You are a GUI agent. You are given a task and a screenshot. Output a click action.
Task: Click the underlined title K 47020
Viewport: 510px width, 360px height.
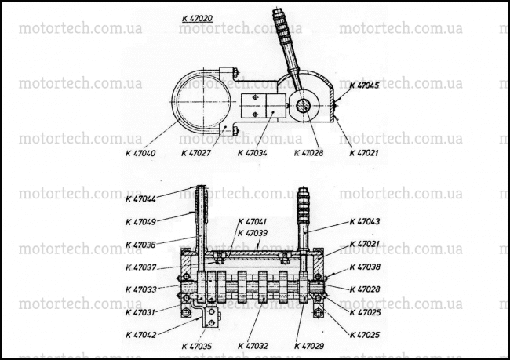[198, 19]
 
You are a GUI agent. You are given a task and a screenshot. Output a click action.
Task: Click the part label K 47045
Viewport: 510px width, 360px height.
[364, 85]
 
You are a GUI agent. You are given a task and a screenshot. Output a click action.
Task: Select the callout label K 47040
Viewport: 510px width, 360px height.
[140, 153]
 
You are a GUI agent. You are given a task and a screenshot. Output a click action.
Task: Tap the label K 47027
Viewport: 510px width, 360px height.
[196, 153]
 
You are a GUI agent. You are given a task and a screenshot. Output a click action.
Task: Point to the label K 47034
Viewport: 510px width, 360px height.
[253, 153]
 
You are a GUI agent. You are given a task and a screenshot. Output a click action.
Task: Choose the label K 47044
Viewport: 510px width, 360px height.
[140, 198]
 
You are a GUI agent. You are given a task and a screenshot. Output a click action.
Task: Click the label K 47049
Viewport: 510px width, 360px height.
[140, 222]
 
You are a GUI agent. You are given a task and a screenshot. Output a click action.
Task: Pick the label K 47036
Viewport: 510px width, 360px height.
[140, 245]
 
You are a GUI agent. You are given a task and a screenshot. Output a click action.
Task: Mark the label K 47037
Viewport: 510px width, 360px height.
[140, 267]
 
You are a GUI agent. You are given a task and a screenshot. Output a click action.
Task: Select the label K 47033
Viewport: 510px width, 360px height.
[140, 289]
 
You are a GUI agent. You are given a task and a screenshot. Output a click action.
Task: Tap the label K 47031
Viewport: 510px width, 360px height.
[140, 312]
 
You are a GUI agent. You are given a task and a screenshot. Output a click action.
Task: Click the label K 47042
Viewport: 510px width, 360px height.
[140, 335]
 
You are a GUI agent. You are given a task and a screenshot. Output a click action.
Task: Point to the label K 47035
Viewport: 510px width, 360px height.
[196, 346]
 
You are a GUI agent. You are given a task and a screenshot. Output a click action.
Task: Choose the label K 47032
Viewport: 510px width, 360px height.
[253, 346]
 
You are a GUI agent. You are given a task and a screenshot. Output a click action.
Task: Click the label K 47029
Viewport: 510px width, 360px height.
[309, 346]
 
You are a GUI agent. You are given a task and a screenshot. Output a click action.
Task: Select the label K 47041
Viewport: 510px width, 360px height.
[253, 222]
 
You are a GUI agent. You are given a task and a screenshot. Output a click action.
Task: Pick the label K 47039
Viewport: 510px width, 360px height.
[253, 233]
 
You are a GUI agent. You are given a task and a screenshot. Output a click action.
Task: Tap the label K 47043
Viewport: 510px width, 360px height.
[365, 221]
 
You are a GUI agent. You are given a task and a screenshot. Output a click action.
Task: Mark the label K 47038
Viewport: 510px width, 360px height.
[365, 267]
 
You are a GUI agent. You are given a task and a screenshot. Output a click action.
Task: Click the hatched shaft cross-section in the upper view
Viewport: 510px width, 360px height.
[303, 106]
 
